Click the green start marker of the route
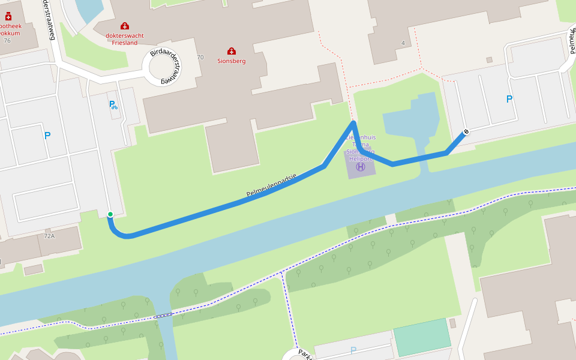[110, 214]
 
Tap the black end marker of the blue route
[466, 131]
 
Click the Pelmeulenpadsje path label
[272, 185]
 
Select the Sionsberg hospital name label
[232, 61]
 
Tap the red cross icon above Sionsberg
[232, 51]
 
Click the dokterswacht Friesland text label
[125, 39]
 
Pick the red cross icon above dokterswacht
[125, 26]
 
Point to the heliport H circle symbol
[360, 167]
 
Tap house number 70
[200, 58]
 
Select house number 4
[403, 43]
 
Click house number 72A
[49, 236]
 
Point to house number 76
[7, 41]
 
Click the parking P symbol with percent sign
[113, 106]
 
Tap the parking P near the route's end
[509, 100]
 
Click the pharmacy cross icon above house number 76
[8, 17]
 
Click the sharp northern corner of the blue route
[354, 123]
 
